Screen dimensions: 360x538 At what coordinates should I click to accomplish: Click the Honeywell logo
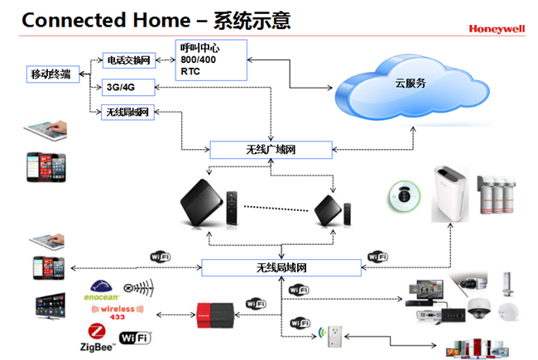click(x=496, y=28)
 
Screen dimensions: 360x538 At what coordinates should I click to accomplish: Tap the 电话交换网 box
click(x=127, y=60)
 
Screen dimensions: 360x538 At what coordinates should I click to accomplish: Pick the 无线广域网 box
click(x=271, y=150)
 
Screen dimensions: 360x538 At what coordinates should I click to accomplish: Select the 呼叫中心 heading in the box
click(x=199, y=47)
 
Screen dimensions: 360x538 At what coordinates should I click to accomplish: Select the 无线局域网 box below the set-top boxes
click(x=281, y=267)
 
